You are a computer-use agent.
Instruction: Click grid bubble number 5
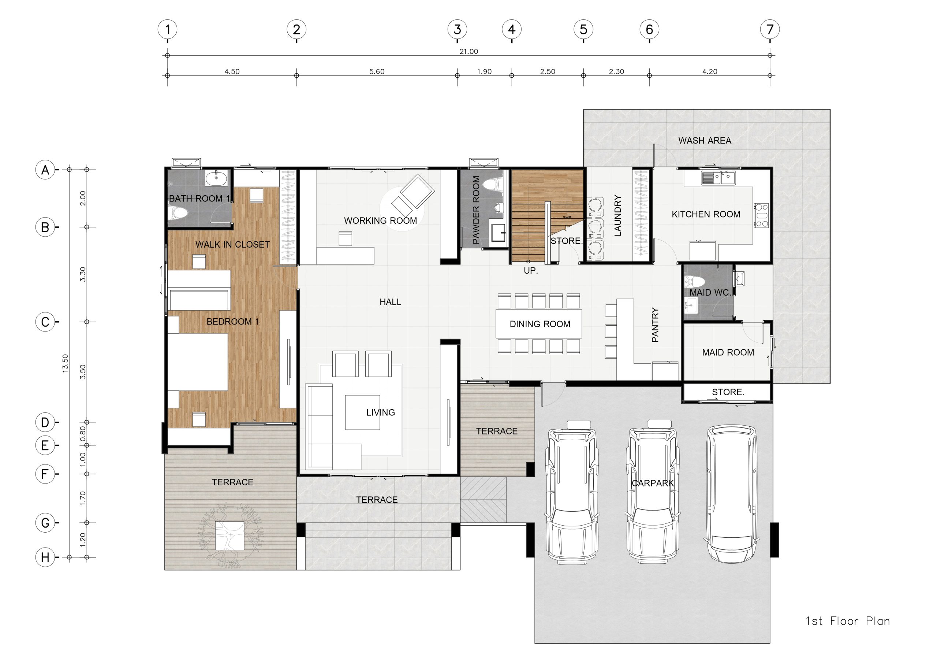pyautogui.click(x=583, y=29)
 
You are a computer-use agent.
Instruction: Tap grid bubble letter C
pyautogui.click(x=45, y=322)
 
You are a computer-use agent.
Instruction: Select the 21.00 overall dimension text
pyautogui.click(x=468, y=52)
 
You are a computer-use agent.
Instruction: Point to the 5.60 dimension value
pyautogui.click(x=377, y=71)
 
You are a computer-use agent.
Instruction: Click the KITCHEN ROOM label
pyautogui.click(x=706, y=214)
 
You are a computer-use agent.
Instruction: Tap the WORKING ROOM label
pyautogui.click(x=380, y=221)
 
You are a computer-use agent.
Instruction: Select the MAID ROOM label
pyautogui.click(x=728, y=352)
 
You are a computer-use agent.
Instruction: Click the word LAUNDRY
pyautogui.click(x=617, y=215)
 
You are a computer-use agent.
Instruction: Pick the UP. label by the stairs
pyautogui.click(x=530, y=270)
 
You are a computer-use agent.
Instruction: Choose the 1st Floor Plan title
pyautogui.click(x=847, y=621)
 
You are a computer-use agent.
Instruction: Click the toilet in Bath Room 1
pyautogui.click(x=178, y=212)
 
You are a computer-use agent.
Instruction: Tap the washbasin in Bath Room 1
pyautogui.click(x=216, y=178)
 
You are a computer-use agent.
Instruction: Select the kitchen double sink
pyautogui.click(x=718, y=178)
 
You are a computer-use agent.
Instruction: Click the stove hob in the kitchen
pyautogui.click(x=761, y=215)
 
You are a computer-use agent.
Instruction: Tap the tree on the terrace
pyautogui.click(x=231, y=535)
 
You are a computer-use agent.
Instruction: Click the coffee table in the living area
pyautogui.click(x=362, y=412)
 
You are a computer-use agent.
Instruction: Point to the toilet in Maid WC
pyautogui.click(x=695, y=281)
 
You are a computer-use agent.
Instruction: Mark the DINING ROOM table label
pyautogui.click(x=540, y=324)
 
